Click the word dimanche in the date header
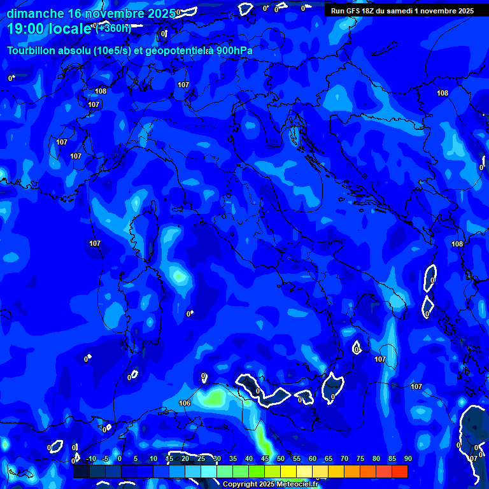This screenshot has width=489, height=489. tap(35, 13)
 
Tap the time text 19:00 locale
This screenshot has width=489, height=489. tap(50, 29)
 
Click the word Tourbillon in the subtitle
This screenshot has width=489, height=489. tap(32, 50)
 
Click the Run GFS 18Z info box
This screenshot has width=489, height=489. tap(402, 10)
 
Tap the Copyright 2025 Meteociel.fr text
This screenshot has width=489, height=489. tap(270, 485)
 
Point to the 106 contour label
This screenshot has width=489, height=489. tap(185, 403)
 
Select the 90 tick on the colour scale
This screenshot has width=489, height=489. tap(407, 459)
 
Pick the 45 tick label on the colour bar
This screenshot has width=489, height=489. tap(264, 459)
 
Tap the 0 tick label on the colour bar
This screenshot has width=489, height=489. tap(120, 459)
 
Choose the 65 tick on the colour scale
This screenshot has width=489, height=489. tap(328, 459)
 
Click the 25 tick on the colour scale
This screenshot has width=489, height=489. tap(201, 459)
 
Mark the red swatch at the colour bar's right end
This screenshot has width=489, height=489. tap(399, 472)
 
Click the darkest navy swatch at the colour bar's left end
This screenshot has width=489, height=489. tap(81, 472)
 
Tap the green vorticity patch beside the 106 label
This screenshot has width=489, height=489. tap(213, 398)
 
